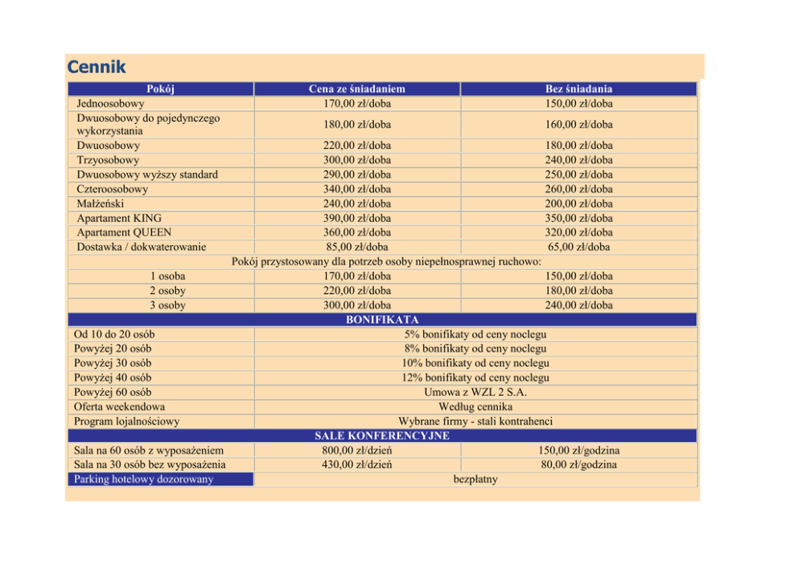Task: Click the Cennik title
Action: click(97, 66)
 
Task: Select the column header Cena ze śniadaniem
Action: click(356, 89)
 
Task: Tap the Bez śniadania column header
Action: click(578, 89)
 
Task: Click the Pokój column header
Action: click(161, 89)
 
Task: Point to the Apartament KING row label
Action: click(119, 218)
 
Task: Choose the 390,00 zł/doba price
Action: click(356, 218)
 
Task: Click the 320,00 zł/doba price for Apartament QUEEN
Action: click(578, 233)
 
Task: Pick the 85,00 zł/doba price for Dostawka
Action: click(356, 247)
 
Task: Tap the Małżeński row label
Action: click(101, 204)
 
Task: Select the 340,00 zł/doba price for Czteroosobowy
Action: click(356, 189)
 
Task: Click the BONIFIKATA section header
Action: click(382, 320)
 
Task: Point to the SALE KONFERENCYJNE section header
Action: click(382, 435)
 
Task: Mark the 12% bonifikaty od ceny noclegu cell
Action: click(475, 377)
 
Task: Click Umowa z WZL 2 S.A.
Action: click(475, 392)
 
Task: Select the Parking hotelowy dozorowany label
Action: click(143, 479)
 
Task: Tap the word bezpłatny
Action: click(475, 479)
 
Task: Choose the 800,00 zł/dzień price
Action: click(356, 450)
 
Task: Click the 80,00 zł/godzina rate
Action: click(578, 464)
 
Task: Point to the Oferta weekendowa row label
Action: click(119, 406)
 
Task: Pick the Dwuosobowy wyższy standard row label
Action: click(147, 175)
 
